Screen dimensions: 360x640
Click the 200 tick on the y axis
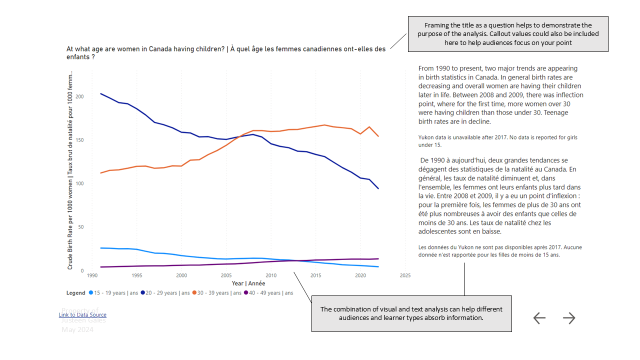80,96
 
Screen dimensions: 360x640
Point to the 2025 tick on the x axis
405,275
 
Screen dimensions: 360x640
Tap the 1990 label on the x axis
92,275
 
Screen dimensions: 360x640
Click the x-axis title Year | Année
248,283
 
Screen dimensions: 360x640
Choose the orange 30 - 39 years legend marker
195,293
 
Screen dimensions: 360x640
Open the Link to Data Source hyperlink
82,314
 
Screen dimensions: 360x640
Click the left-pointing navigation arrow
539,318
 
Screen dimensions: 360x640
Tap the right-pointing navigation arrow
569,318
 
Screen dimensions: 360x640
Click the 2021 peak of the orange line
369,127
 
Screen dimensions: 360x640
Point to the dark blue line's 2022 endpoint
378,188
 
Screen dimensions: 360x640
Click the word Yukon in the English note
427,137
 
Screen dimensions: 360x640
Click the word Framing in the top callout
436,25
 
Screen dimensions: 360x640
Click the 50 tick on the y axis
81,227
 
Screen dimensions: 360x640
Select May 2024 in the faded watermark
77,329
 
